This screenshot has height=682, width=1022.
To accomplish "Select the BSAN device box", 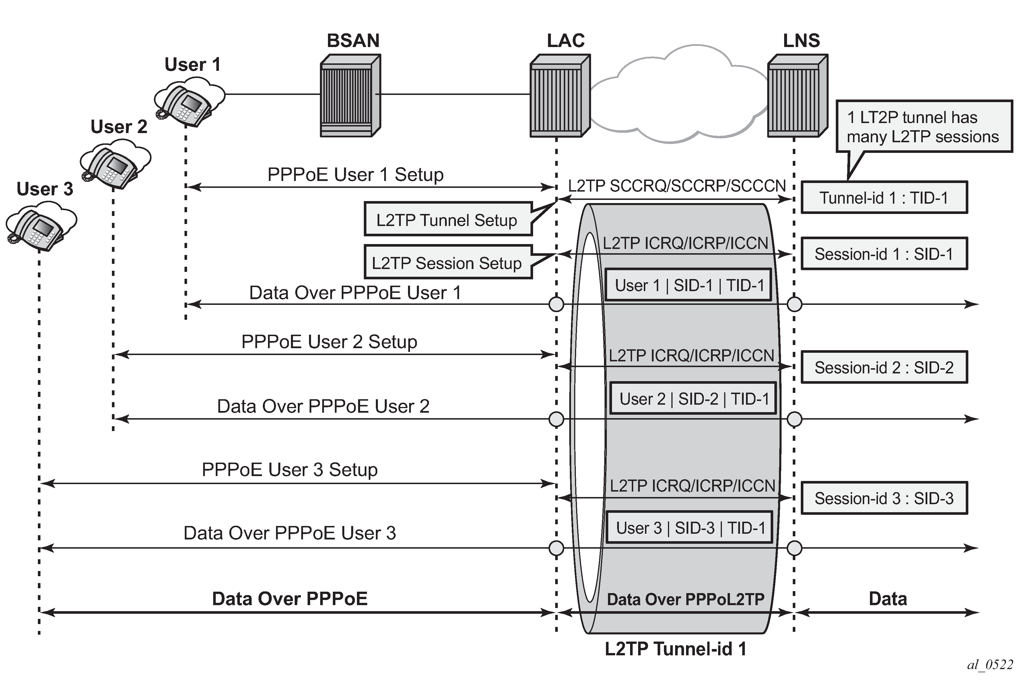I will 350,96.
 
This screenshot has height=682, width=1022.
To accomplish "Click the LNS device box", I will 797,96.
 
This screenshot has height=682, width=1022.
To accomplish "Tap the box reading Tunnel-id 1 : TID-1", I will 884,198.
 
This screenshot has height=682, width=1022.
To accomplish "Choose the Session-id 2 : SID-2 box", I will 884,367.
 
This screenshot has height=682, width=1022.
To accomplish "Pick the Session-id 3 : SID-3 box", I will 884,498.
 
